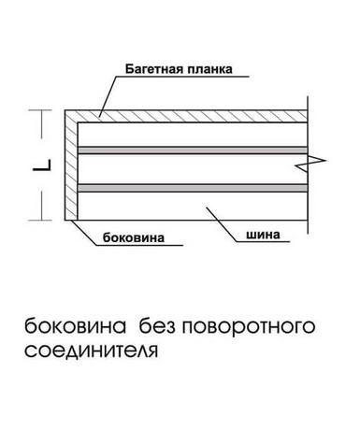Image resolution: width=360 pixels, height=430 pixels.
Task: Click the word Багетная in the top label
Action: pos(153,69)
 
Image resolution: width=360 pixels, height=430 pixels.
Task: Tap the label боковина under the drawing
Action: pos(134,237)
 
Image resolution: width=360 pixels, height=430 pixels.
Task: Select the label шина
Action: pos(263,235)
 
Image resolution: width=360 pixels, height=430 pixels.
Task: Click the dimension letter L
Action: pos(42,165)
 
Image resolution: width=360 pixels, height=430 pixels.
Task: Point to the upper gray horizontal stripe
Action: pos(193,150)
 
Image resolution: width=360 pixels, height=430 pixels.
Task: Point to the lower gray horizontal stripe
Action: pos(193,188)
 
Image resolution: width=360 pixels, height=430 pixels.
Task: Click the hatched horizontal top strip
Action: pos(186,116)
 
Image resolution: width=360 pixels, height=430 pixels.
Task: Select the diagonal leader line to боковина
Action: pos(83,233)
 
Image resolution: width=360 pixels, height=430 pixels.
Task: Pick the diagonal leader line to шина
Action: pos(221,224)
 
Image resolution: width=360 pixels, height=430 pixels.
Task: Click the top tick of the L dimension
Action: pos(40,110)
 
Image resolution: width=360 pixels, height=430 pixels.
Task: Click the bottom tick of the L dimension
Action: pos(40,221)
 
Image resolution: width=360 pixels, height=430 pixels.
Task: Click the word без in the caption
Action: pos(157,326)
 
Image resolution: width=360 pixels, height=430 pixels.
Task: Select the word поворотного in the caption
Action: pos(249,327)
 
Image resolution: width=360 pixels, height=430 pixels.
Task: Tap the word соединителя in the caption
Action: pos(91,351)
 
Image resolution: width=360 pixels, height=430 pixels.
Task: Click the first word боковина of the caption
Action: pos(76,326)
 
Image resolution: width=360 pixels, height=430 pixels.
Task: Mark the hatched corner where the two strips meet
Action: pos(71,116)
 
